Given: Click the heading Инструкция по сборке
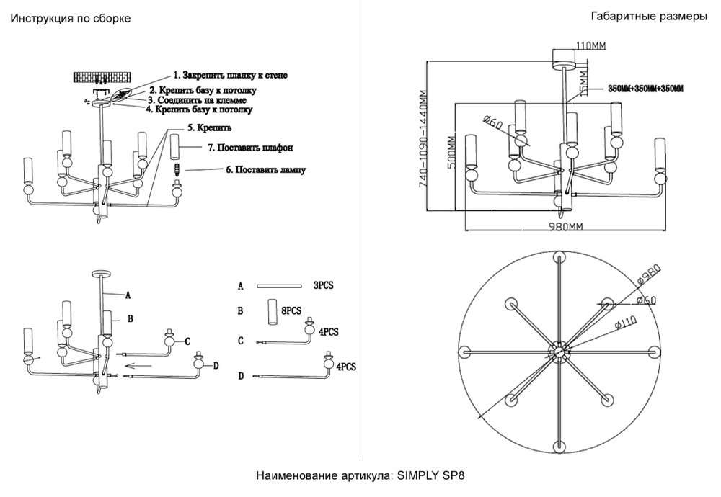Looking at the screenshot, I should tap(69, 19).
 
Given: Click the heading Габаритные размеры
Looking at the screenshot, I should tap(648, 17).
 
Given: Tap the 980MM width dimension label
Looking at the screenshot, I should tap(565, 226).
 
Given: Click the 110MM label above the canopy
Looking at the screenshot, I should tap(590, 45).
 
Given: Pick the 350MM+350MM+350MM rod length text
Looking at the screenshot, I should tap(645, 89).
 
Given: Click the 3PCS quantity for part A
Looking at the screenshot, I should tap(323, 285).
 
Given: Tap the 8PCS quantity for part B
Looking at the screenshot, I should tap(291, 310).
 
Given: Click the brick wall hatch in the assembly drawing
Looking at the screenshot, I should tap(104, 78).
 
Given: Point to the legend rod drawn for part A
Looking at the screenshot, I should tap(280, 286).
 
